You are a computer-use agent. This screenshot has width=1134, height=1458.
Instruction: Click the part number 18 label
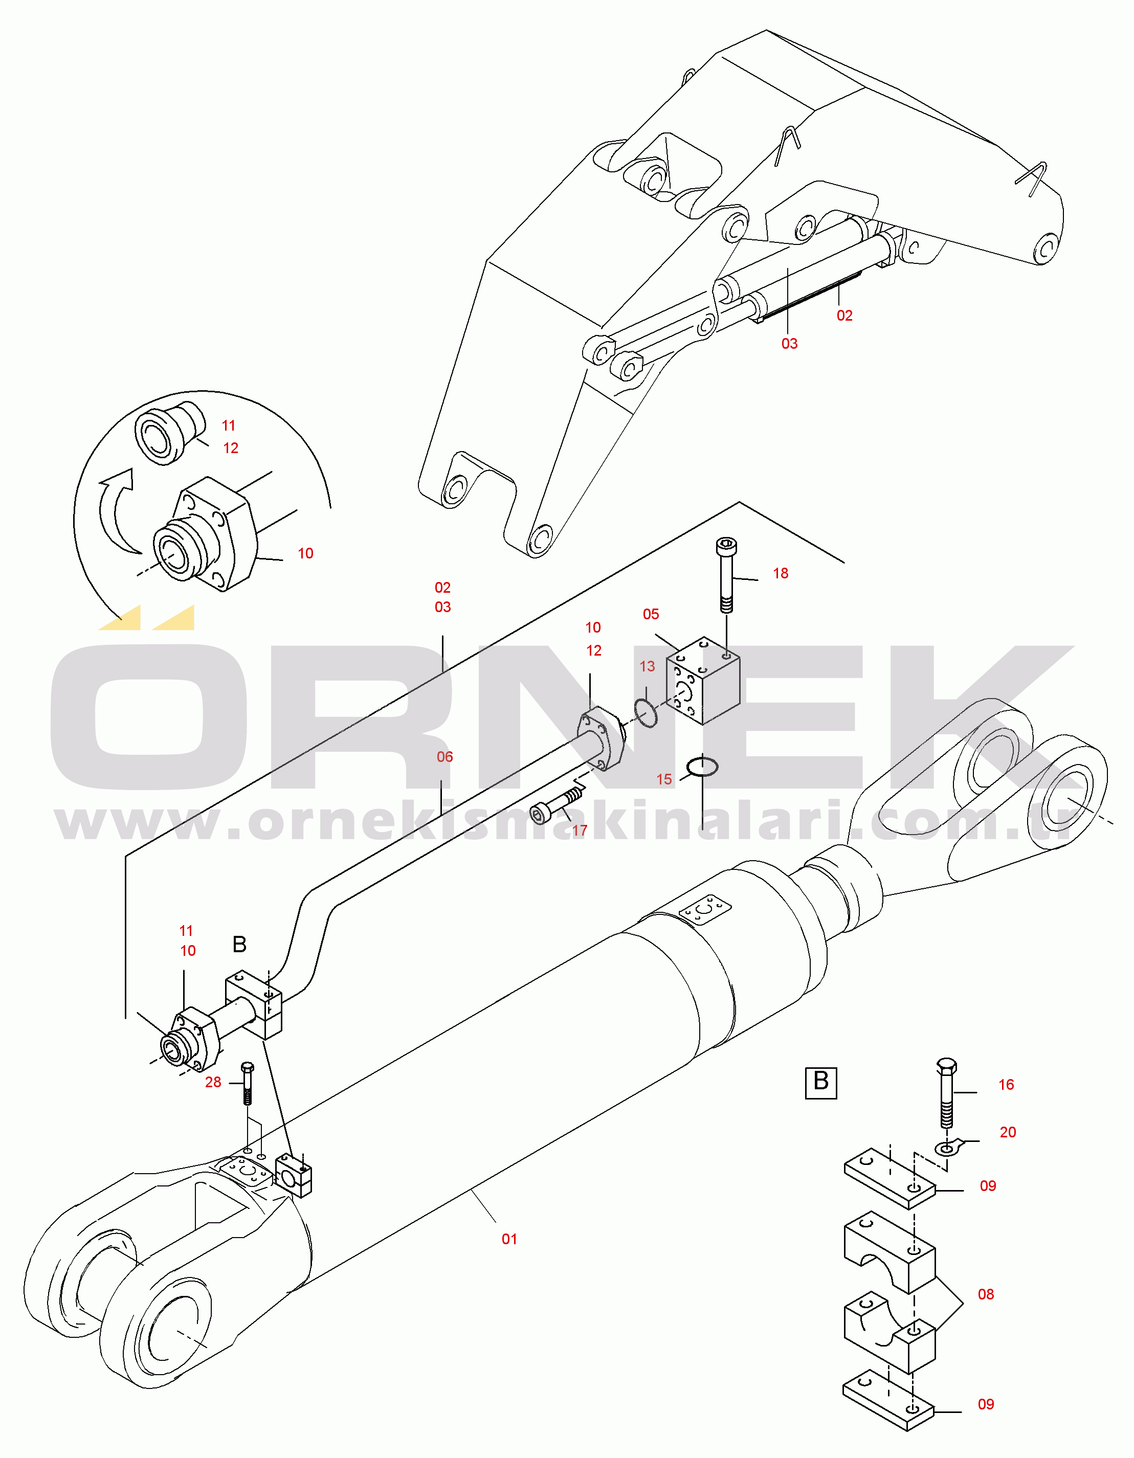coord(780,573)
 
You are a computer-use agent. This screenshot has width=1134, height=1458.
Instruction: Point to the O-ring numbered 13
coord(646,713)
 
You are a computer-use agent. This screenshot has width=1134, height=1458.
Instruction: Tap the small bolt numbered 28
coord(247,1083)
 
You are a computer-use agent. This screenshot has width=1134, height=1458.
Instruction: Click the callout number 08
coord(986,1294)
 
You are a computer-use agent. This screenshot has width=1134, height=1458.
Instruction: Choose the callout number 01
coord(509,1239)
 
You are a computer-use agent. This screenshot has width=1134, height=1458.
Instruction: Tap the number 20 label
coord(1008,1132)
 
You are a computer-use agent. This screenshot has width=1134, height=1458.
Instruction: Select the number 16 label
coord(1006,1085)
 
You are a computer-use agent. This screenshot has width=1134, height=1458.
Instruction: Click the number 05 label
coord(651,614)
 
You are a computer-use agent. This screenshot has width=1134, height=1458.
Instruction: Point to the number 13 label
coord(647,666)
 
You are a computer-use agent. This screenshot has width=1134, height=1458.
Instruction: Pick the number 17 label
coord(580,831)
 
